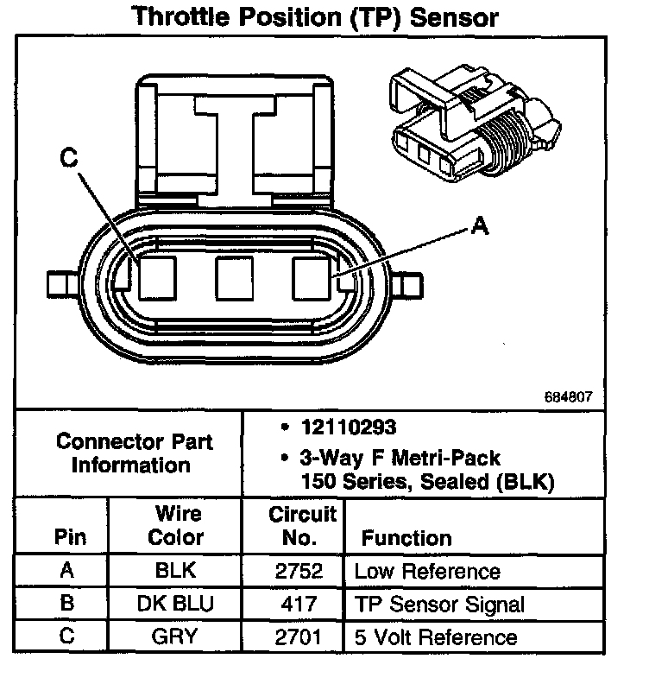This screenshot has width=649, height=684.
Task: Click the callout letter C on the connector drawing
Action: click(x=69, y=158)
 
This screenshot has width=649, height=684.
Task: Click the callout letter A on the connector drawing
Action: click(x=481, y=226)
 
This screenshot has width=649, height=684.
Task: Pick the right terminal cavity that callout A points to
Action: click(x=312, y=278)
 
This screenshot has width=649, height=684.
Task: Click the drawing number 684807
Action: click(x=569, y=398)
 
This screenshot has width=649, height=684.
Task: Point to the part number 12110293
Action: click(x=338, y=427)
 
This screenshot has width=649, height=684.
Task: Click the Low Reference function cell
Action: click(x=427, y=571)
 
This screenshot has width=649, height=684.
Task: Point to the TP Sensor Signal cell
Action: click(x=439, y=604)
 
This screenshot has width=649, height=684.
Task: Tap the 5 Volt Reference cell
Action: click(x=436, y=637)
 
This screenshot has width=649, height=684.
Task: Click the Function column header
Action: click(x=406, y=538)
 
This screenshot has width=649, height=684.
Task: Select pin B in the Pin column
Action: click(x=67, y=604)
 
